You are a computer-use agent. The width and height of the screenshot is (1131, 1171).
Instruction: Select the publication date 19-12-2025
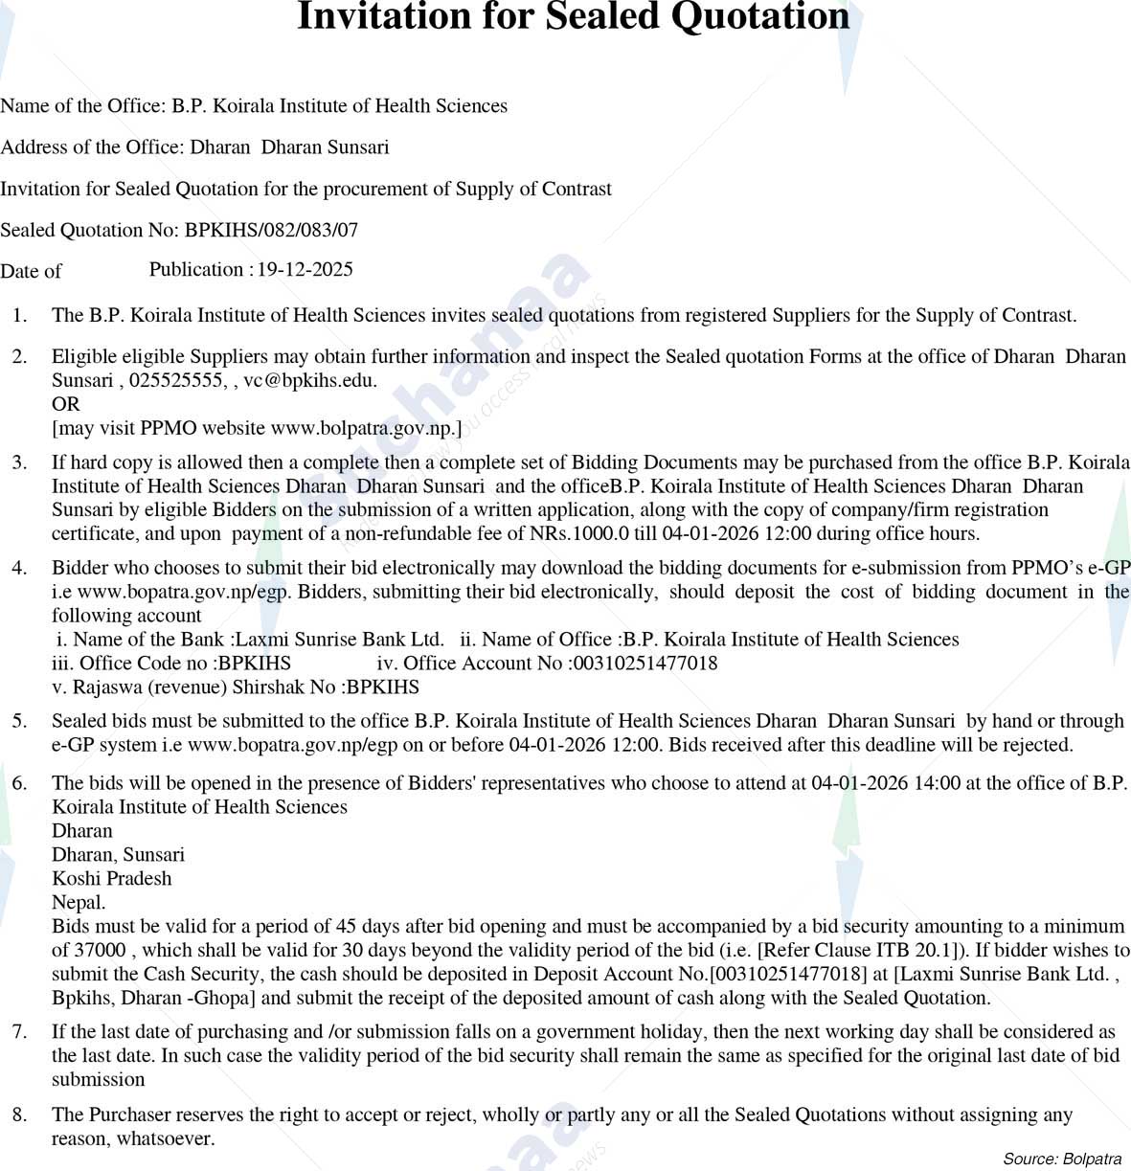(x=305, y=269)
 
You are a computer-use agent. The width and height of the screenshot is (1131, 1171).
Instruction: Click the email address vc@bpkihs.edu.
(x=308, y=380)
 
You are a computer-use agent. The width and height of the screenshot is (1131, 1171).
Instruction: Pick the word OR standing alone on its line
(x=65, y=404)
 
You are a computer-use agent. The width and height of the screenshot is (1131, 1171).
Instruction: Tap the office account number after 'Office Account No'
(x=643, y=663)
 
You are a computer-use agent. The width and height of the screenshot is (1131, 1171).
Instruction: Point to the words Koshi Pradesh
(x=112, y=878)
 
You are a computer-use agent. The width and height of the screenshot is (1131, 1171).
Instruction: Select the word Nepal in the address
(x=77, y=902)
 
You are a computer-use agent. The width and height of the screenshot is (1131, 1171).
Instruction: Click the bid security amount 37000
(x=100, y=950)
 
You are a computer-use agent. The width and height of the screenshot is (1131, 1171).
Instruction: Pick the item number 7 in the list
(x=19, y=1031)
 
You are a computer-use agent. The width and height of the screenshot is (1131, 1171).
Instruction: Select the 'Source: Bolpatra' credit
(x=1061, y=1159)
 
